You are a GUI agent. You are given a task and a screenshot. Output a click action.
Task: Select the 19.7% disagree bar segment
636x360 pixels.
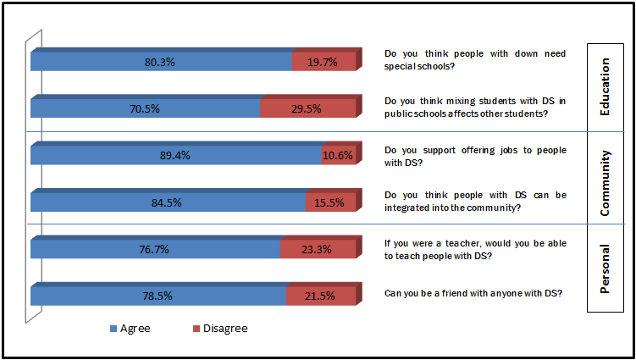tap(324, 61)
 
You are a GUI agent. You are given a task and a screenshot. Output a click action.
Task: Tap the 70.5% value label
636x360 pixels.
tap(145, 108)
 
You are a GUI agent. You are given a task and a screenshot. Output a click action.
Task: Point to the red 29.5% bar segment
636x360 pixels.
tap(307, 108)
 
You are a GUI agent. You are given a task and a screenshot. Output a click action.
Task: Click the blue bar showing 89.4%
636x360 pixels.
tap(175, 155)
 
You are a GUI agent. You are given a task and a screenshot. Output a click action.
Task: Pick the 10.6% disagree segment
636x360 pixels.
tap(338, 155)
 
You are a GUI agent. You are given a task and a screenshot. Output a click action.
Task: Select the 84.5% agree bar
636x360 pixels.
tap(168, 202)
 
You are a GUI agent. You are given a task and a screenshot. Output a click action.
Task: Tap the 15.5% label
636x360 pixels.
tap(330, 202)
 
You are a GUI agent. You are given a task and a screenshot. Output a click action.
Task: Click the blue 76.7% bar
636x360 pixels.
tap(155, 249)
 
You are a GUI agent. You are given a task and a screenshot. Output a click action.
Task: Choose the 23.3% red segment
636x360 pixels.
tap(318, 249)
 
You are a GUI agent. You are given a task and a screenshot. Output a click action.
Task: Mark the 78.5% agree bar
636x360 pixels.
tap(158, 296)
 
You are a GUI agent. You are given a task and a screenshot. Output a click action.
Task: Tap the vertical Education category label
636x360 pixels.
tap(605, 86)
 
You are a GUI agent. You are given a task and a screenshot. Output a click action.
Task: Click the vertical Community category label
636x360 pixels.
tap(605, 177)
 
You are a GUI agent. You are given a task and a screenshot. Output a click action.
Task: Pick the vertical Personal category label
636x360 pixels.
tap(605, 269)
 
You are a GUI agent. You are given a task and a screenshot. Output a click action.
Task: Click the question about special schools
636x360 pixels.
tap(474, 58)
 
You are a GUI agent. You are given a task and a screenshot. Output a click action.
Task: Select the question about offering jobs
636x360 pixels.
tap(474, 156)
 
